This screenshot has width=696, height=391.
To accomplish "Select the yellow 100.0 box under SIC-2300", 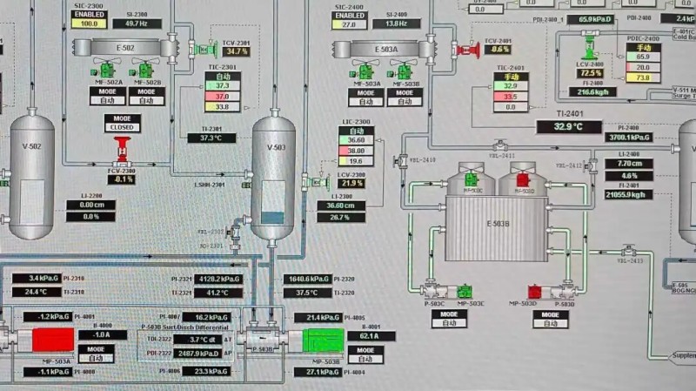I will tap(89, 24).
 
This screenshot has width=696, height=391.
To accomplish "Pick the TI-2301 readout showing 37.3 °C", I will tap(211, 138).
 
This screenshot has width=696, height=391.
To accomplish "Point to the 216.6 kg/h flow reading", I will tap(597, 91).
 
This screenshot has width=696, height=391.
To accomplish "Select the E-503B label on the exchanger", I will tap(496, 224).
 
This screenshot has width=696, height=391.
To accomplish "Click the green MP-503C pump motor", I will tap(465, 290).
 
